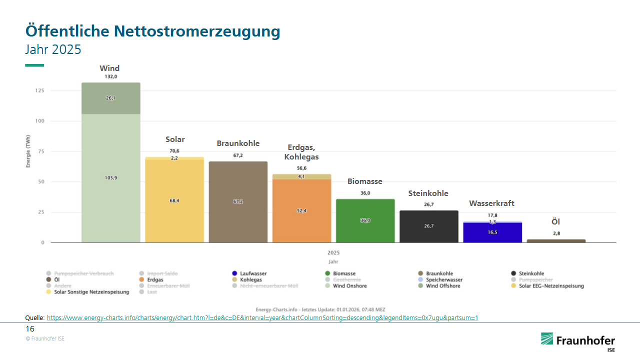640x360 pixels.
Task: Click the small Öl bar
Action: click(x=556, y=241)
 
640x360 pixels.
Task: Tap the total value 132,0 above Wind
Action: click(x=110, y=76)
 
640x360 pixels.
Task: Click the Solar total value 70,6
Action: click(x=174, y=150)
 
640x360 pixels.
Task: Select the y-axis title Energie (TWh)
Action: click(x=29, y=151)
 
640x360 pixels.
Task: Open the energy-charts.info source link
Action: click(x=262, y=318)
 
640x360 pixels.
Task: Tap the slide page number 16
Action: click(x=30, y=329)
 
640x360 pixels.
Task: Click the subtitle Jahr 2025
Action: click(x=53, y=49)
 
